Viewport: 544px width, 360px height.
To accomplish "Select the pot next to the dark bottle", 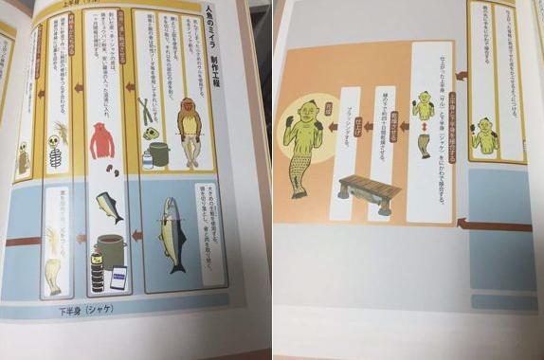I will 112,250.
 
